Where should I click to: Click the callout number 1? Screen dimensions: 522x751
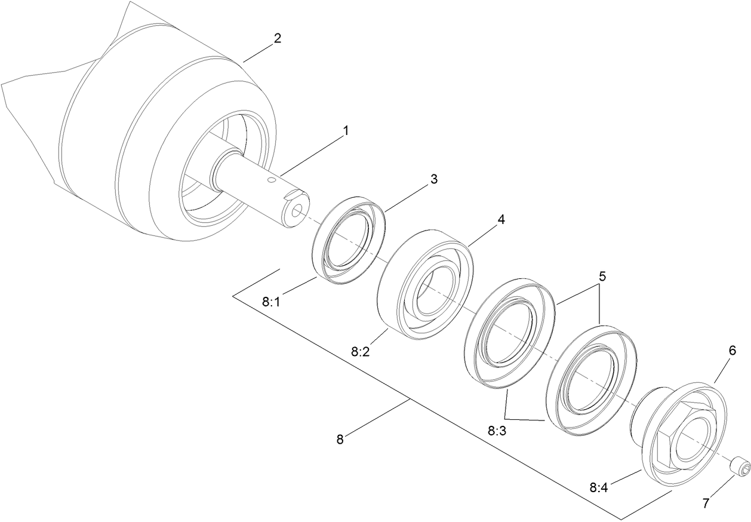[x=345, y=131]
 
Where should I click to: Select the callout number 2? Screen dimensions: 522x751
[x=277, y=39]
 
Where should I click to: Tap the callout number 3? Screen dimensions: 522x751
[x=434, y=179]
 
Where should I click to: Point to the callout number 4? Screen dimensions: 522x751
[x=501, y=220]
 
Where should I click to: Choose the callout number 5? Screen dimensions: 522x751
[x=602, y=277]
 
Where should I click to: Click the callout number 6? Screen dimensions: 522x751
[x=732, y=351]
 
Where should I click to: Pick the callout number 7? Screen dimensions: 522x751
[x=706, y=503]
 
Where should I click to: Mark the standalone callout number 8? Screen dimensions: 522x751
[x=340, y=440]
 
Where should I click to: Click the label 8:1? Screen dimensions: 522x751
[x=271, y=302]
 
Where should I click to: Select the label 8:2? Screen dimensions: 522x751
[x=360, y=352]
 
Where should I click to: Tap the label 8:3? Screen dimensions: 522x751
[x=496, y=430]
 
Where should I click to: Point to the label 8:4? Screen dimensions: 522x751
[x=599, y=487]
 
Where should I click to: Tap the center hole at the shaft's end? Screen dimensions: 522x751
[x=297, y=210]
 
